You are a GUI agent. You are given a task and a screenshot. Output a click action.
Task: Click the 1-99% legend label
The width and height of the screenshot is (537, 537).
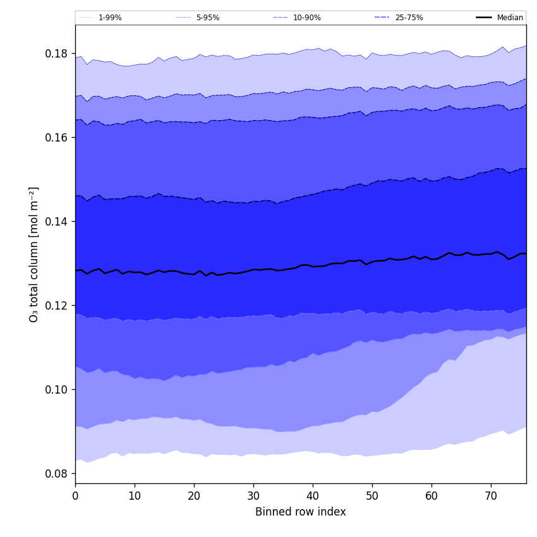point(110,18)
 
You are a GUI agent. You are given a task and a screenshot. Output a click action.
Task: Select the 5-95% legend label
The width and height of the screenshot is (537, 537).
point(208,18)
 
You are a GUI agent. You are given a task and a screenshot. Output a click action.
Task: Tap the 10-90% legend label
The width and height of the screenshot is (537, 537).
point(307,18)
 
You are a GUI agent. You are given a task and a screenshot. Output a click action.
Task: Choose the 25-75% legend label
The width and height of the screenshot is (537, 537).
point(409,18)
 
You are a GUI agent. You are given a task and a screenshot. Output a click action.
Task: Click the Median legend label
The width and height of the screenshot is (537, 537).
point(510,18)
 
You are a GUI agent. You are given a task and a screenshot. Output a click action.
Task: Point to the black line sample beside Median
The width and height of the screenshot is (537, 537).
point(485,18)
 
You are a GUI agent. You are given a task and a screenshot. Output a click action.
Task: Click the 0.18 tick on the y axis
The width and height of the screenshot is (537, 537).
point(56,54)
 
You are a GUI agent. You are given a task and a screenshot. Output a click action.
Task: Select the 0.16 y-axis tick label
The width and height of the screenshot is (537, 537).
point(56,138)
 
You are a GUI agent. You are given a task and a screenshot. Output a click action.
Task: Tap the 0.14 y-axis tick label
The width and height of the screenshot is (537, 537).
point(56,222)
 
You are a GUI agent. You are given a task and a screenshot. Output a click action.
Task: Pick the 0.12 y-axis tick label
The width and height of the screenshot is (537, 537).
point(56,306)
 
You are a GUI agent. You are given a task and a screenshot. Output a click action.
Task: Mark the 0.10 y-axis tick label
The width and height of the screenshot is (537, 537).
point(56,390)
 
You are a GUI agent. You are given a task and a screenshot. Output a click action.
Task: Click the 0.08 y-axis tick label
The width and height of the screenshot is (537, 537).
point(56,474)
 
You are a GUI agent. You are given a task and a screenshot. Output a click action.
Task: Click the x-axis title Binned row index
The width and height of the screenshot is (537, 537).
point(301,512)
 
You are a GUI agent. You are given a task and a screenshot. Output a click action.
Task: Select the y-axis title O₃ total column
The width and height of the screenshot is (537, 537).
point(34,254)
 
